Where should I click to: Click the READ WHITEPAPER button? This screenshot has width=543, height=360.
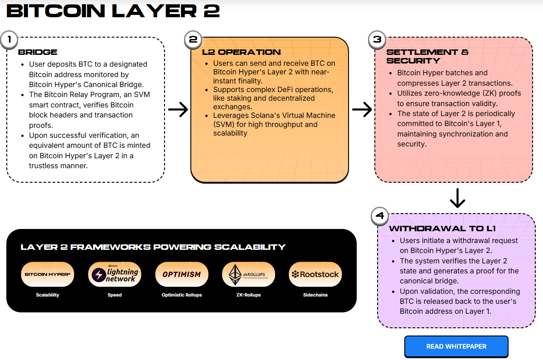tap(456, 346)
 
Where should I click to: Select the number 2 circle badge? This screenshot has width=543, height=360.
tap(193, 39)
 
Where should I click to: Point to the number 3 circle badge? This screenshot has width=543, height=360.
tap(377, 39)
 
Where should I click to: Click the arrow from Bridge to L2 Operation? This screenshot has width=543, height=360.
tap(178, 109)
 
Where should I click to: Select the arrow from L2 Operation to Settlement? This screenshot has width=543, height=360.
tap(362, 109)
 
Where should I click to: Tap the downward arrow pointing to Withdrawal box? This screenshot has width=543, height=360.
tap(457, 198)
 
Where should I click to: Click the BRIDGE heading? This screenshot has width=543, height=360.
tap(38, 52)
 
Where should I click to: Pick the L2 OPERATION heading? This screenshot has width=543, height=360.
tap(241, 52)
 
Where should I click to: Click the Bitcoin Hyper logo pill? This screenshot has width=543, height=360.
tap(48, 274)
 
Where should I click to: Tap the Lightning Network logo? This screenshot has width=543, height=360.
tap(115, 274)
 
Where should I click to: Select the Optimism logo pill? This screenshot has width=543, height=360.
tap(181, 274)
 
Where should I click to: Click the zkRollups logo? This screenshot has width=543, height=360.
tap(248, 274)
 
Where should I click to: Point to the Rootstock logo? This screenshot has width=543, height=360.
tap(315, 274)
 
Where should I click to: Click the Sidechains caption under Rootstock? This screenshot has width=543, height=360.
tap(315, 295)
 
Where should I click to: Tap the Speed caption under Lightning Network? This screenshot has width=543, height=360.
tap(115, 295)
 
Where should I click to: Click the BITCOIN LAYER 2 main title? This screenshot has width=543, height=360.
tap(113, 11)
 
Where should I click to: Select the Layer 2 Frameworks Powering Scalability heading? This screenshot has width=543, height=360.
tap(153, 247)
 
